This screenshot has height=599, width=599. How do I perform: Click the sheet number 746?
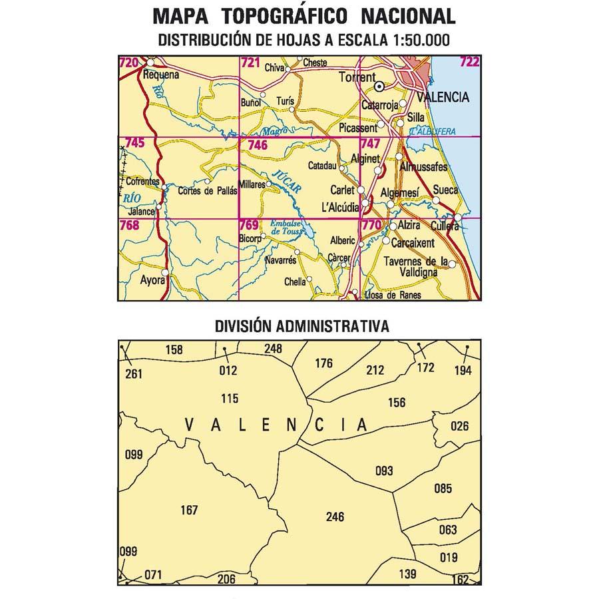(257, 145)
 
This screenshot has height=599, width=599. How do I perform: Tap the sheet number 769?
(249, 225)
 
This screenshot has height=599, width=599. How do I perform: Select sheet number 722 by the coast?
(469, 63)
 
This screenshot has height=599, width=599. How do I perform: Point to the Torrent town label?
(357, 77)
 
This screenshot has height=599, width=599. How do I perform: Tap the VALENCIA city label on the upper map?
(443, 97)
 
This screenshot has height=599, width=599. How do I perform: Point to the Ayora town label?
(152, 280)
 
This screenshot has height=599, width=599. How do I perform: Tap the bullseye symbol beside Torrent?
(379, 86)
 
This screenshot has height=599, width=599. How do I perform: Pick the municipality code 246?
(335, 517)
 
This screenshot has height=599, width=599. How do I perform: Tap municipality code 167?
(190, 510)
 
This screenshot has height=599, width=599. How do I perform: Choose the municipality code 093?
(384, 471)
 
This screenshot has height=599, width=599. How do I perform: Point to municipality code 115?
(229, 399)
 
